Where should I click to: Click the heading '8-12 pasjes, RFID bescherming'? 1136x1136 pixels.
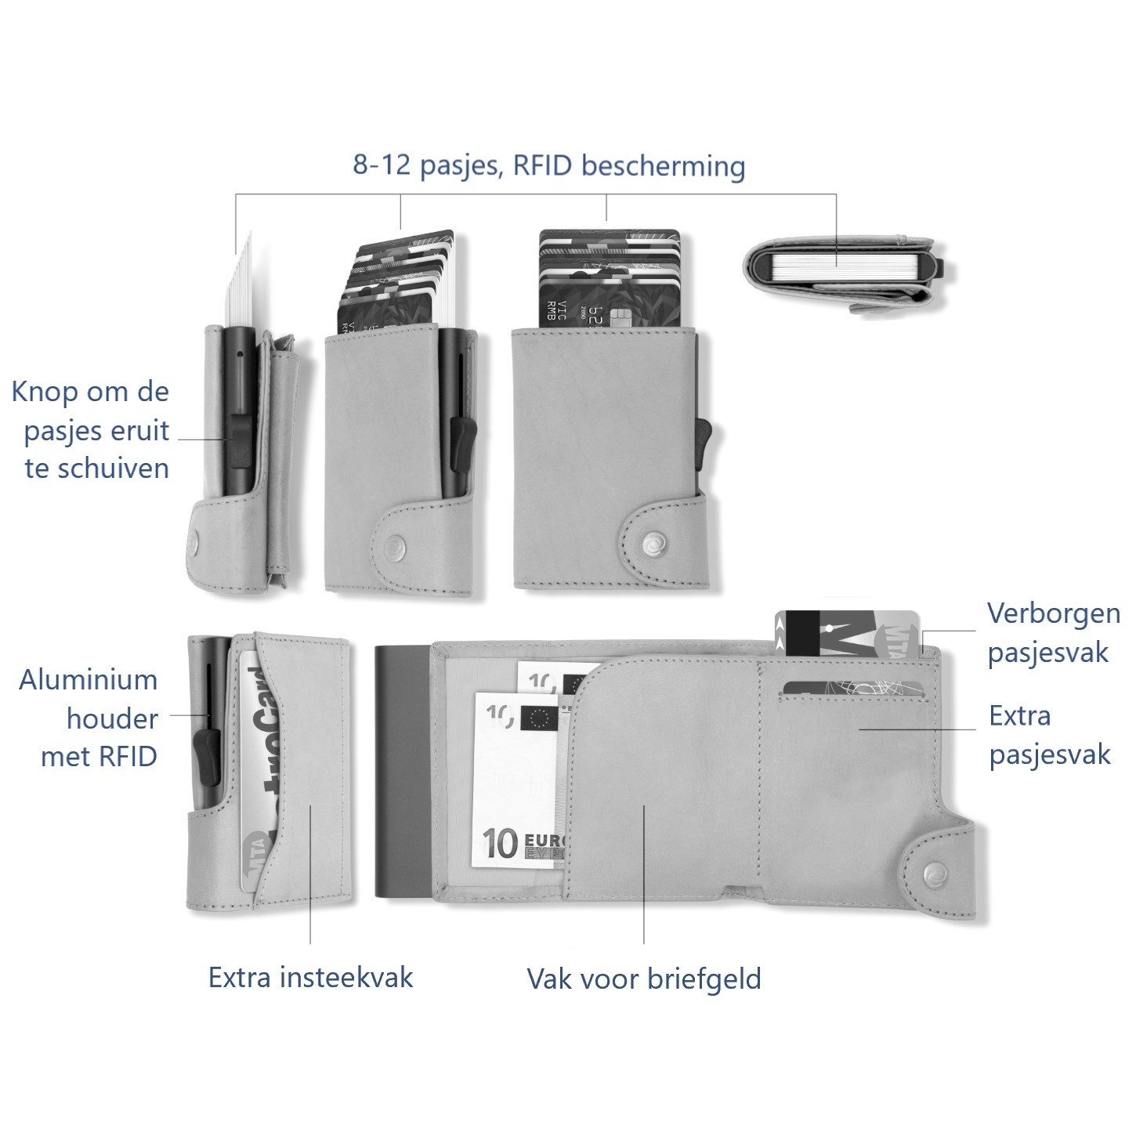[548, 166]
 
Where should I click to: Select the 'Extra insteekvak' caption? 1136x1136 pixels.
[310, 978]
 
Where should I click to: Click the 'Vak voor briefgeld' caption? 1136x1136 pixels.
[643, 979]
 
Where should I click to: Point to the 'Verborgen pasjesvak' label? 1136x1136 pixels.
[1052, 632]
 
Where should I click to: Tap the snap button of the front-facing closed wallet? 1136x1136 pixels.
[650, 541]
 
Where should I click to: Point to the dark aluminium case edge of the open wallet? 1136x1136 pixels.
[402, 773]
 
